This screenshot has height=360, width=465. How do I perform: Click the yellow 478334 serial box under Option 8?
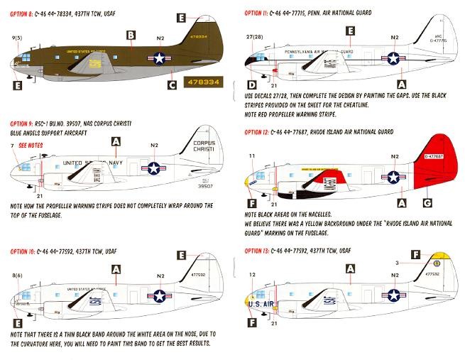point(198,82)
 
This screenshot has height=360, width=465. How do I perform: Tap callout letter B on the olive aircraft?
point(131,35)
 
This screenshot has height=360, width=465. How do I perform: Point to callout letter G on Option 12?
point(426,204)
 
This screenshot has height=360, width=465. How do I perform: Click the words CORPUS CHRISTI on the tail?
point(204,146)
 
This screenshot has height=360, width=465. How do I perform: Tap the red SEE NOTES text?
point(32,144)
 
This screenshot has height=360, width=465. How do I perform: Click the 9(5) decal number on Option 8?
point(16,36)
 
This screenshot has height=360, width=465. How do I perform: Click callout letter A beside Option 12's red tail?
point(403,202)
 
